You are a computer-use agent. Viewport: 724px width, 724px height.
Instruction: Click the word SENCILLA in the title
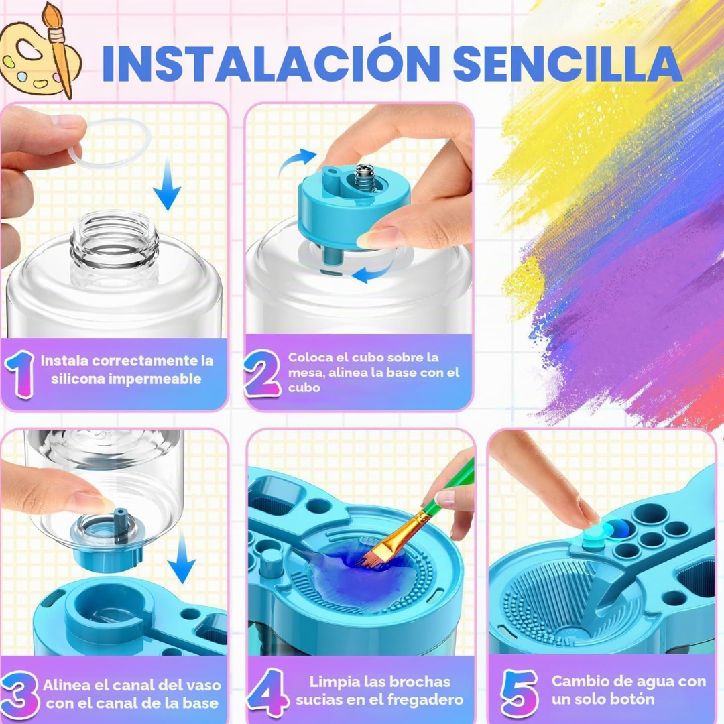568,63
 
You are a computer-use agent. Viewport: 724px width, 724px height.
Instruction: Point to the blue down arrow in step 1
167,184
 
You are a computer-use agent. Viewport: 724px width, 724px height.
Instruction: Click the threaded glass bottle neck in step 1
114,247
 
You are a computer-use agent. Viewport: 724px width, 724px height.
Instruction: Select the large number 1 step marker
19,373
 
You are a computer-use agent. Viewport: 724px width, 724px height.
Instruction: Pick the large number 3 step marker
19,695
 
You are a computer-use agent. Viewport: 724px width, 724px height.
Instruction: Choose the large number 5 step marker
520,692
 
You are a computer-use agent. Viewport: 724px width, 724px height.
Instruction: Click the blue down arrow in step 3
182,556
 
